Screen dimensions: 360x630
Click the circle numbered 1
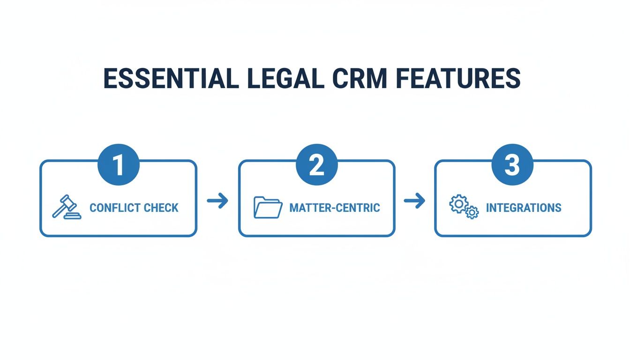click(x=118, y=165)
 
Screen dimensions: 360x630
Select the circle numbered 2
click(x=317, y=165)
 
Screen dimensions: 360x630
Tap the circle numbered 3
click(x=512, y=165)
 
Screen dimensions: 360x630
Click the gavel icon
click(x=67, y=208)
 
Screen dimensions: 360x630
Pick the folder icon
click(x=268, y=207)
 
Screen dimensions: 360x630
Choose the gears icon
click(x=464, y=208)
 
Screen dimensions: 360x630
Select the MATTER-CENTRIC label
click(x=335, y=208)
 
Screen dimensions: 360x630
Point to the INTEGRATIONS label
click(x=523, y=208)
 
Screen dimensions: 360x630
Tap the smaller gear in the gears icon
click(x=472, y=213)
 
